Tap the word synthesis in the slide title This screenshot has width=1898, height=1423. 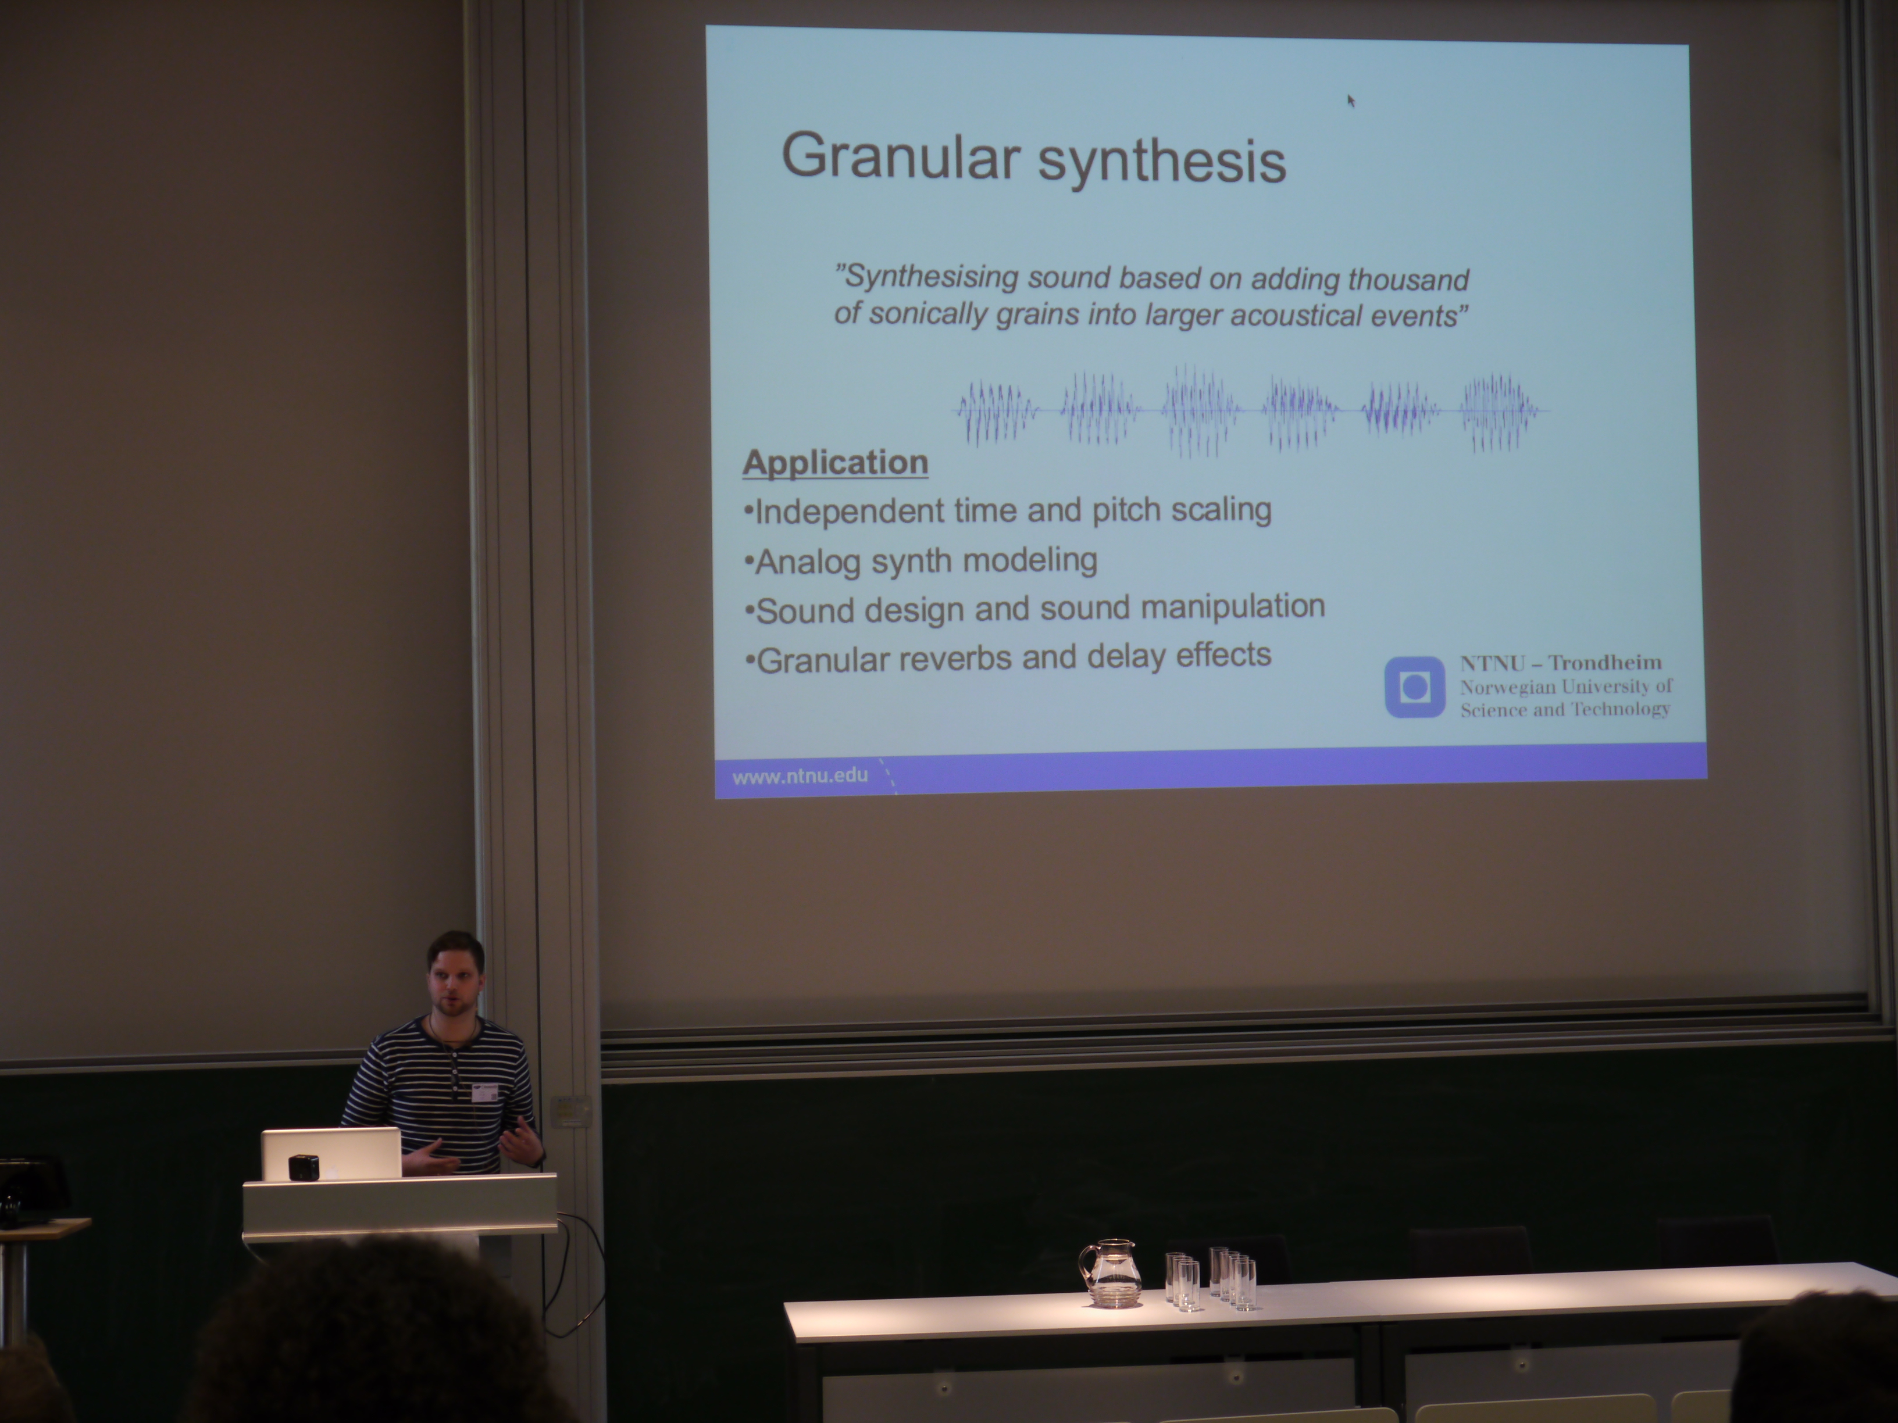(x=1162, y=161)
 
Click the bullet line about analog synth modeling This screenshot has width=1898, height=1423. (x=921, y=561)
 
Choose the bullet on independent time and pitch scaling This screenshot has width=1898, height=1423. (x=1007, y=511)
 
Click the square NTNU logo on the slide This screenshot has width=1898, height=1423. (x=1415, y=687)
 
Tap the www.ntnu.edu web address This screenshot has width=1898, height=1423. (x=800, y=776)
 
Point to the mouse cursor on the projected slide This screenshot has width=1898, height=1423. (x=1351, y=101)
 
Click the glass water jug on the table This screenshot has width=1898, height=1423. (x=1109, y=1272)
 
